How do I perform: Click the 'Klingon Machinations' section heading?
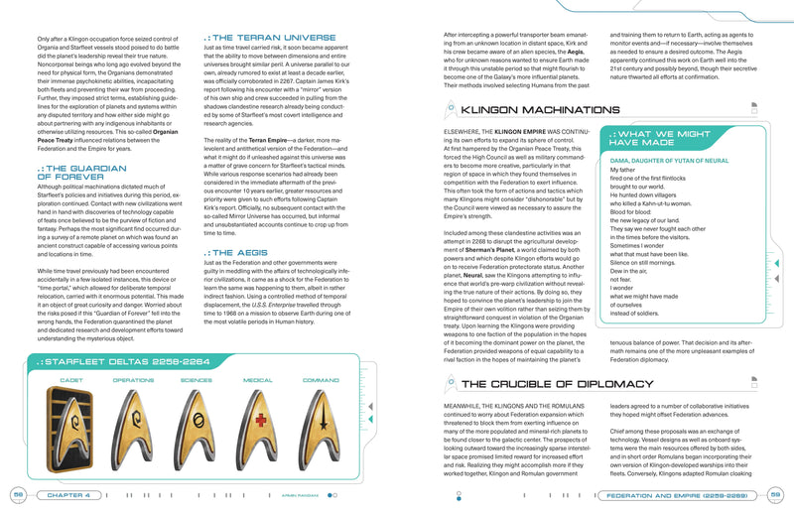[525, 110]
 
